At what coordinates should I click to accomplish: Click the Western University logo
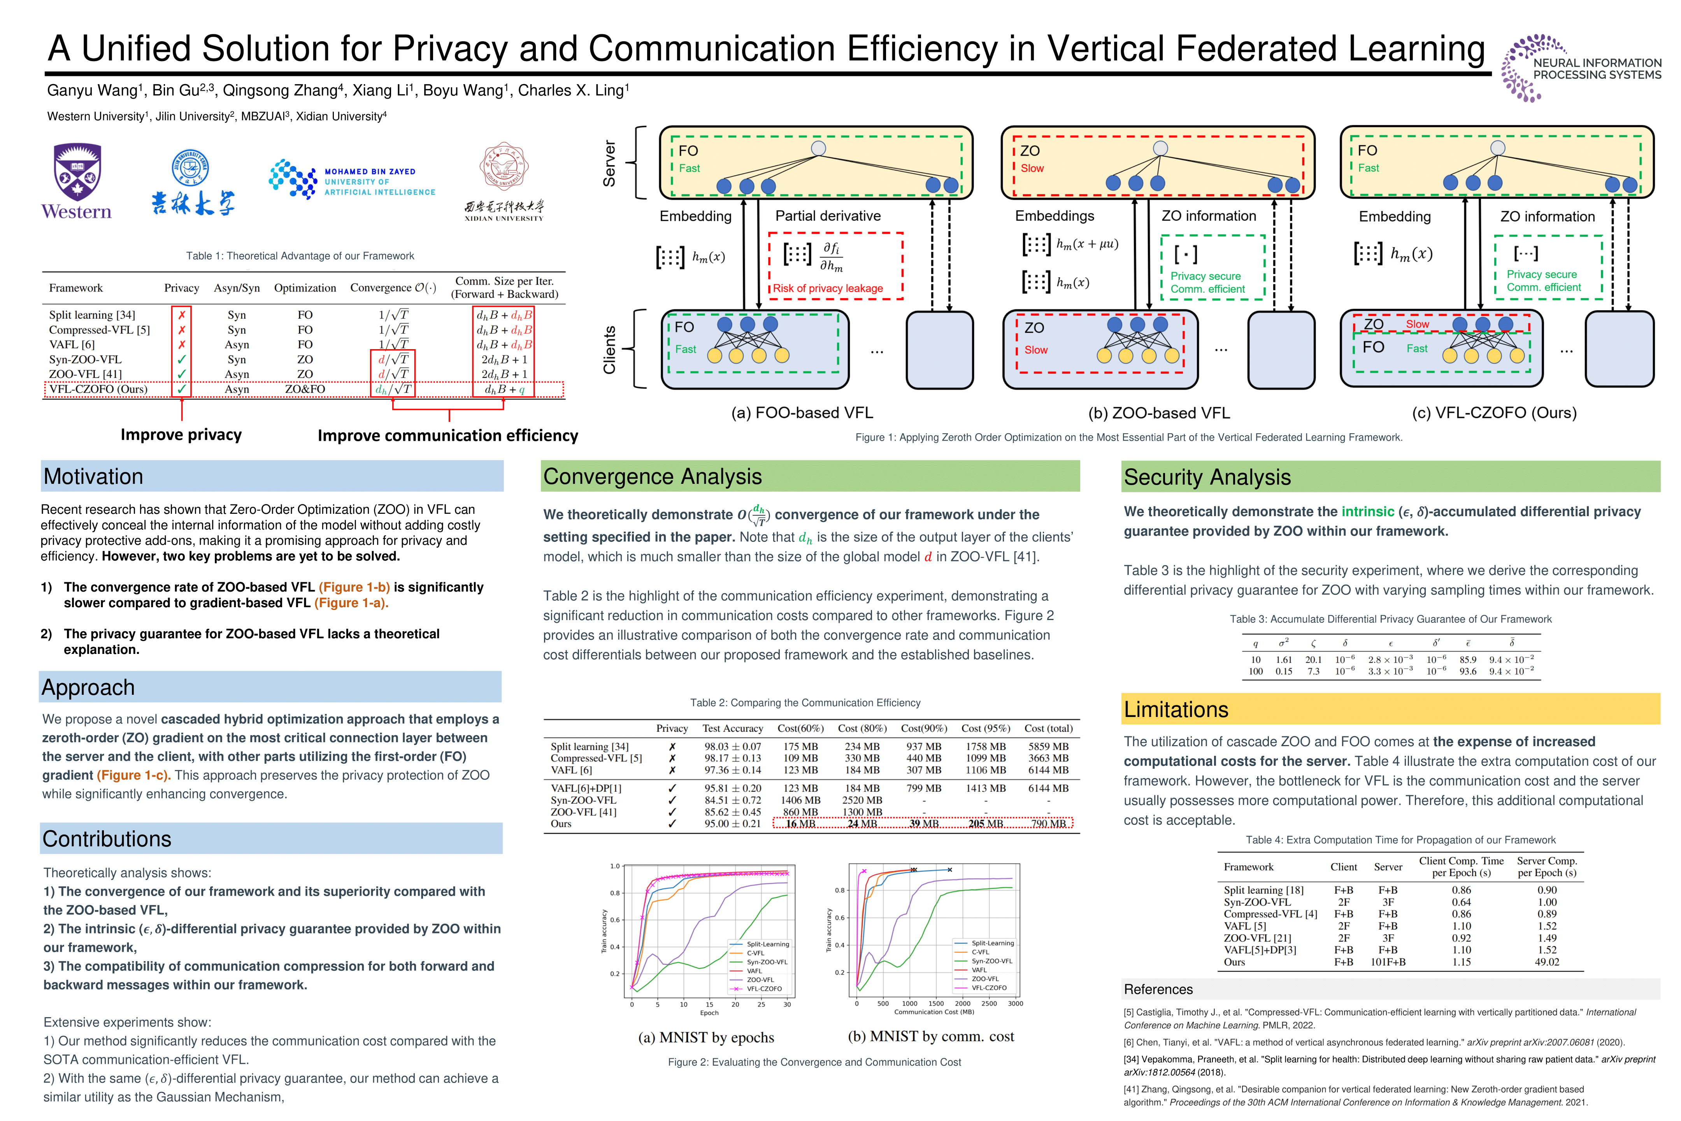77,182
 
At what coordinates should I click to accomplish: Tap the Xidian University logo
504,182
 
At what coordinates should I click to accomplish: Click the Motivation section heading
94,477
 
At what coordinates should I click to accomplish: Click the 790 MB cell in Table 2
1048,824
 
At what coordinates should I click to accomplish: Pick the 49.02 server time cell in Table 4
1547,962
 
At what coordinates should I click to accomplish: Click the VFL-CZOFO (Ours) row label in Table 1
98,389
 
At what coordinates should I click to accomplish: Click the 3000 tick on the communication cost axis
1015,1004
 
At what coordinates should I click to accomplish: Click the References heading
1158,989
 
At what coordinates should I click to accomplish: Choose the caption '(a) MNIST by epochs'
706,1037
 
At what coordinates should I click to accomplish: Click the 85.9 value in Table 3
1468,660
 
